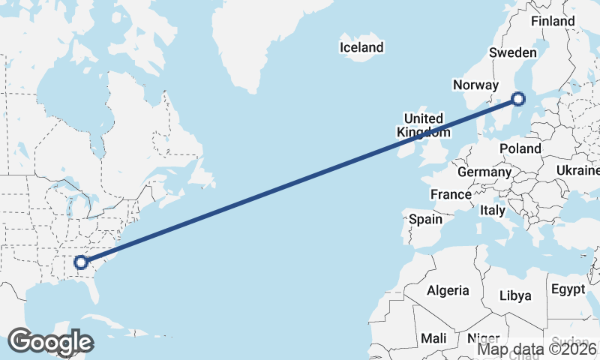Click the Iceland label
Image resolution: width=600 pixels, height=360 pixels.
pos(361,47)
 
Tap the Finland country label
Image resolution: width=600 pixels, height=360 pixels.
pos(553,21)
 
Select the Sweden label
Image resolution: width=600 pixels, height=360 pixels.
pos(512,52)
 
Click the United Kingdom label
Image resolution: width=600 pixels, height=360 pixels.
pos(424,125)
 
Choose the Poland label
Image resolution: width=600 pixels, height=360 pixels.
pos(520,148)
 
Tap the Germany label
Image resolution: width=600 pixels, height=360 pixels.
pos(484,172)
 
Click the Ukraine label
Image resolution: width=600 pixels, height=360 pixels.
pos(577,171)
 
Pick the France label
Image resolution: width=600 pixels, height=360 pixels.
pos(451,194)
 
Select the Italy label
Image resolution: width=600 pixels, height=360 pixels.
pos(493,211)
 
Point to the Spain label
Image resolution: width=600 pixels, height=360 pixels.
pos(425,220)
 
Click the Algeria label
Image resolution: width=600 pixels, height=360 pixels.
pos(448,290)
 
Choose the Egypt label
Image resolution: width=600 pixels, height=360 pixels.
pos(568,289)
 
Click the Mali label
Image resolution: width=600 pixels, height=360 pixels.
pos(433,338)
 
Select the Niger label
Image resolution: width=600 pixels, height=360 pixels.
pos(484,338)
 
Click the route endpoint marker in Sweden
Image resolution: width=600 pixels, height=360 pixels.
pos(518,97)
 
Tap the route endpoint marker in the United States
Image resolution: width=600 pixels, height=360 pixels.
pos(81,262)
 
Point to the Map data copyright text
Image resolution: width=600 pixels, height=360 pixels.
pos(538,348)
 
